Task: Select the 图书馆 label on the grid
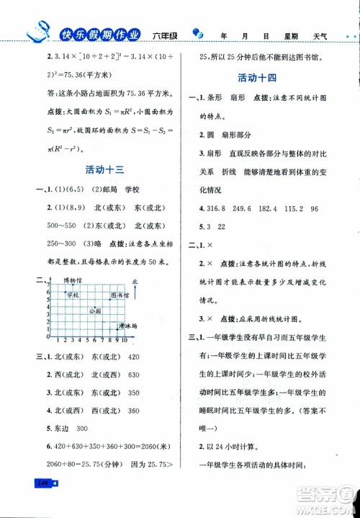(x=120, y=295)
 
